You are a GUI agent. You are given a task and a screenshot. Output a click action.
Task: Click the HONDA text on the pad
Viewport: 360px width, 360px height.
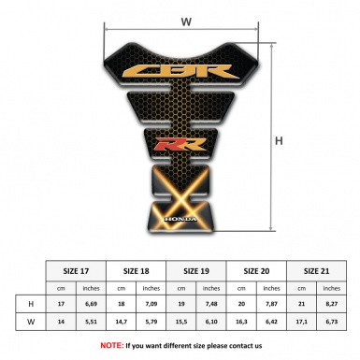pyautogui.click(x=177, y=219)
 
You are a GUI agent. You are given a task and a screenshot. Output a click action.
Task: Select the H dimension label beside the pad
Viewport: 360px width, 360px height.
pyautogui.click(x=278, y=141)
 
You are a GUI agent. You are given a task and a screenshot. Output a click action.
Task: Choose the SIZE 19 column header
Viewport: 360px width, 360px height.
pyautogui.click(x=197, y=271)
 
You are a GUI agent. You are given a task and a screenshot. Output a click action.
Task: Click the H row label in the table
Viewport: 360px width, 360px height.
pyautogui.click(x=32, y=303)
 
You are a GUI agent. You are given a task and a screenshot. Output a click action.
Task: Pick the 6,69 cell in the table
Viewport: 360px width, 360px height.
pyautogui.click(x=91, y=303)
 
